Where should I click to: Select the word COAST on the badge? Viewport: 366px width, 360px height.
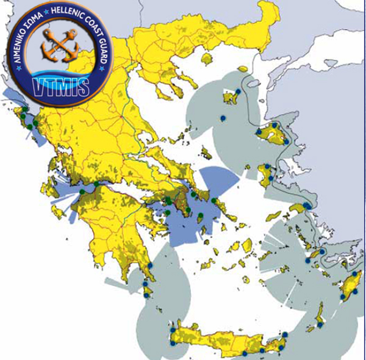95,27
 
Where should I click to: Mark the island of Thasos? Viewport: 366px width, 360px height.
206,59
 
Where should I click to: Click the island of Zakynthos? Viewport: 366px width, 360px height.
58,212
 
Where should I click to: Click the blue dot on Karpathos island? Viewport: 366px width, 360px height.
320,325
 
